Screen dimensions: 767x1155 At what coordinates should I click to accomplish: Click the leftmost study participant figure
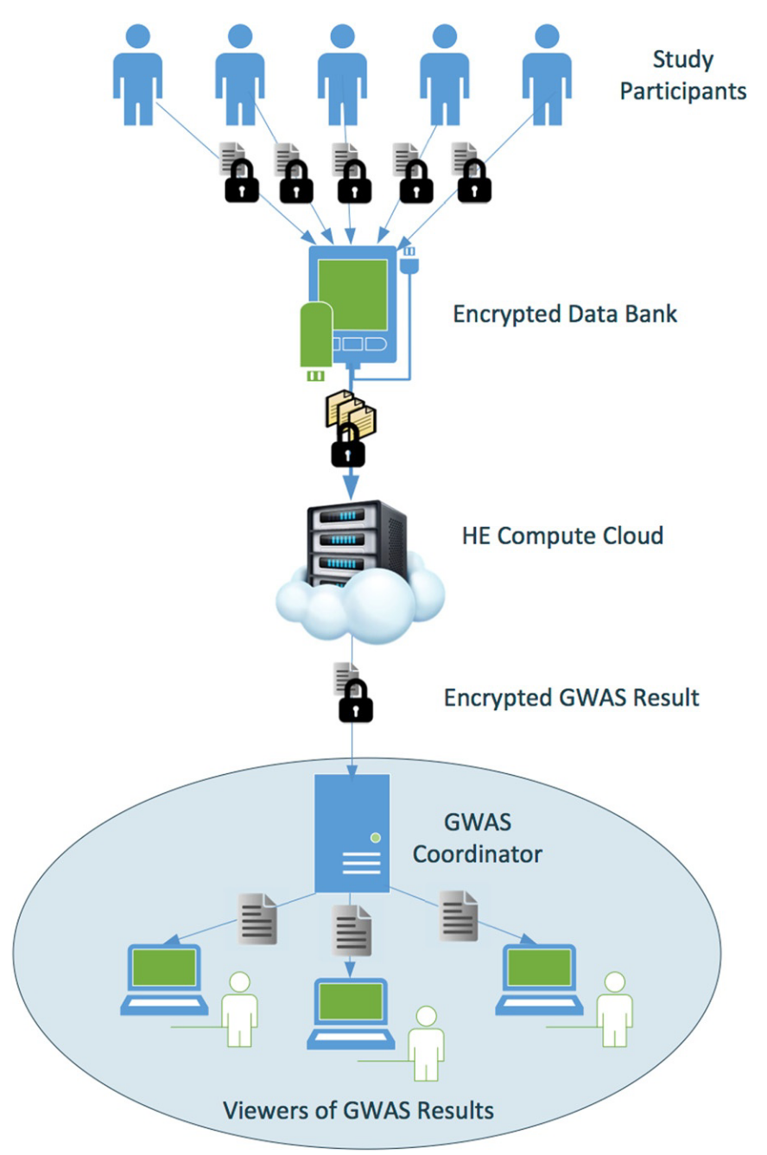(x=137, y=75)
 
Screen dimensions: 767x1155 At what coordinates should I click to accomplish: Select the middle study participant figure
(x=342, y=75)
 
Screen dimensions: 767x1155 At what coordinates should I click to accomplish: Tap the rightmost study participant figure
(x=547, y=75)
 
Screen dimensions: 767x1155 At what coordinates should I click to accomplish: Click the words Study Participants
(x=683, y=75)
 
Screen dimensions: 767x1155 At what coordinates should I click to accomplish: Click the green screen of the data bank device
(x=352, y=295)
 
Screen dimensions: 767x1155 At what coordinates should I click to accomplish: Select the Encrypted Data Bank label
(x=565, y=314)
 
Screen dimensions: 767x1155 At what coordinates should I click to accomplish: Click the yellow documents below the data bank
(x=351, y=412)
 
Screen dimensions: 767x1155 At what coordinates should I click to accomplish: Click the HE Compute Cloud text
(x=562, y=536)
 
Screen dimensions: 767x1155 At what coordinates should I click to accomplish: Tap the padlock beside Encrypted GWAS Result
(x=356, y=701)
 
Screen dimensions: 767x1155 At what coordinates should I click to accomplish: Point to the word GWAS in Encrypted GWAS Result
(x=593, y=698)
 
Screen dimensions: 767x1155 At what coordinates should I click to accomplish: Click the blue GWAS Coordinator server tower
(x=352, y=834)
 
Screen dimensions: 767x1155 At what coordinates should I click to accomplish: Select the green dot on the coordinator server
(x=376, y=838)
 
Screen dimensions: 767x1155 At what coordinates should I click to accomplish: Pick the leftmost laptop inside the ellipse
(x=164, y=980)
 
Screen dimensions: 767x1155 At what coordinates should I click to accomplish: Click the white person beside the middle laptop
(x=426, y=1043)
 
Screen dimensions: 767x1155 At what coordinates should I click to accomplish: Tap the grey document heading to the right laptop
(x=459, y=916)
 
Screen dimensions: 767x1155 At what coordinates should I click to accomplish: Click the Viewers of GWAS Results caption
(x=358, y=1110)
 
